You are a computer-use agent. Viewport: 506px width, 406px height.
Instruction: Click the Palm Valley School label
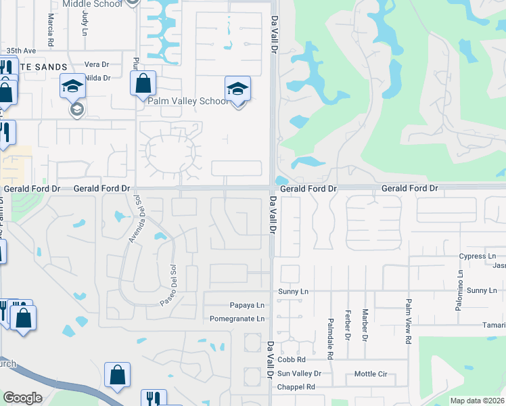(x=188, y=101)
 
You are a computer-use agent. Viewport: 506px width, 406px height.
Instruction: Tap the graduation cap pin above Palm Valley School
(x=237, y=89)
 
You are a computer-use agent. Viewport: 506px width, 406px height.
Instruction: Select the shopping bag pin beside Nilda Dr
(x=143, y=85)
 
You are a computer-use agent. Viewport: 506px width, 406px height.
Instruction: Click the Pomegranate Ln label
(x=237, y=319)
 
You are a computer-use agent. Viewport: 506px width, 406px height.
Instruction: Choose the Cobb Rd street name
(x=292, y=360)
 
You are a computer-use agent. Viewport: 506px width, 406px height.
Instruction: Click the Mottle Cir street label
(x=370, y=374)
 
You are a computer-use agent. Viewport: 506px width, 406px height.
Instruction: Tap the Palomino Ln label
(x=459, y=290)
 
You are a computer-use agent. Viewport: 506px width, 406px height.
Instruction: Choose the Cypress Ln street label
(x=478, y=256)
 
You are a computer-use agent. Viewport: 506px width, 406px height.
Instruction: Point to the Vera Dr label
(x=97, y=64)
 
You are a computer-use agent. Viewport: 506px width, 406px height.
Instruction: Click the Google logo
(x=22, y=398)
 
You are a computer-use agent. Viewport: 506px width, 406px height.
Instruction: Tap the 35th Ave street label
(x=20, y=51)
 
